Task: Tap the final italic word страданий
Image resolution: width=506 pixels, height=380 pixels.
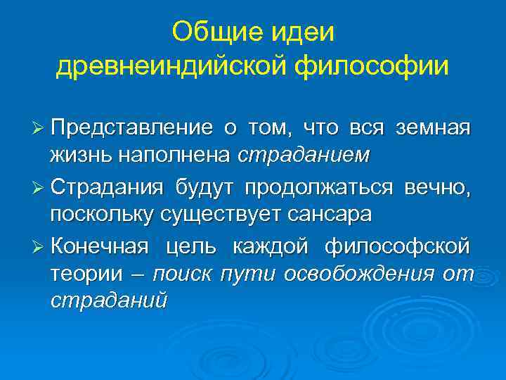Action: [108, 301]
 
